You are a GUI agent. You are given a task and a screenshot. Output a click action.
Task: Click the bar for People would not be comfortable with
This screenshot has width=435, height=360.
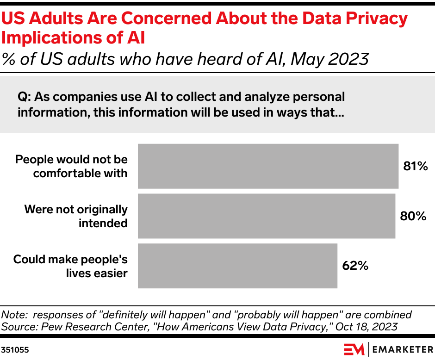pos(268,166)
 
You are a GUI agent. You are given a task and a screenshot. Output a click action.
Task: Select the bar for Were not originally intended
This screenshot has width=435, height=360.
pos(267,216)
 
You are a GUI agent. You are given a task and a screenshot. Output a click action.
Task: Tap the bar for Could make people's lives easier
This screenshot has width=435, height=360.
pos(237,266)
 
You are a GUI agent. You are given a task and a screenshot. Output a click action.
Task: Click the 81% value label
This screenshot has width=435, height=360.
pos(415,166)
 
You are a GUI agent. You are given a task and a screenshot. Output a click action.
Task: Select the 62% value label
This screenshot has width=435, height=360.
pos(355,266)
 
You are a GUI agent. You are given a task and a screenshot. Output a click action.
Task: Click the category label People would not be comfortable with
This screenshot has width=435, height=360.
pos(71,166)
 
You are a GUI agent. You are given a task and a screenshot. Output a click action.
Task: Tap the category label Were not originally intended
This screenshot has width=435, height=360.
pos(75,216)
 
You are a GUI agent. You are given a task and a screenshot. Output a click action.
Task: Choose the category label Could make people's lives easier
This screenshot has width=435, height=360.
pos(70,266)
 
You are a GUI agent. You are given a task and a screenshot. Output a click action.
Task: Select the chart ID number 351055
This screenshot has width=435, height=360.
pos(16,350)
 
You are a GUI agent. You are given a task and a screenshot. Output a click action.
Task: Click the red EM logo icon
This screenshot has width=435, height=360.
pos(354,349)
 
